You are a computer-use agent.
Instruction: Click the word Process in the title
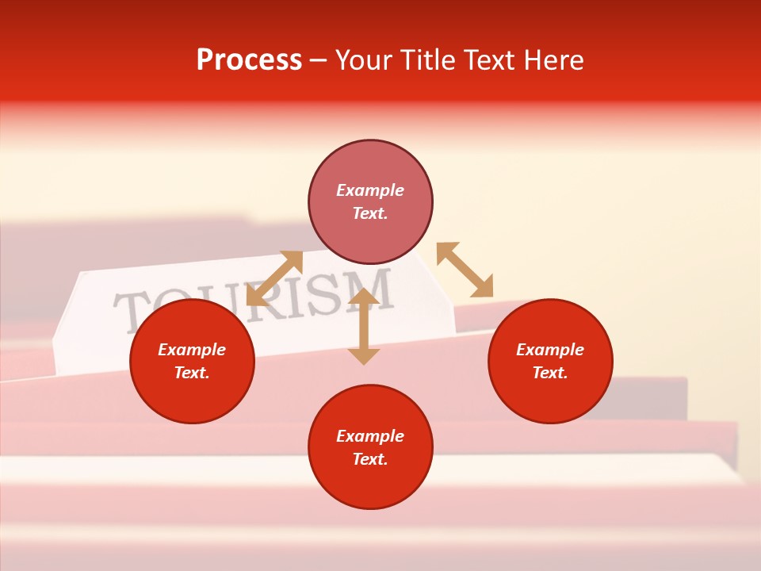249,60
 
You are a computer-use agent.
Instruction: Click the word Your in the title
365,60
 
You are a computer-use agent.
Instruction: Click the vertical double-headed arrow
364,327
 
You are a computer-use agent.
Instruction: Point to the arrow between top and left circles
274,278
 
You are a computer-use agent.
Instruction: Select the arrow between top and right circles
465,270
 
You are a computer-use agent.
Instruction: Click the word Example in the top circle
370,190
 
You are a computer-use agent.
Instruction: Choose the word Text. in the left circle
192,373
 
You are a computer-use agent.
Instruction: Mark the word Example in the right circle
550,350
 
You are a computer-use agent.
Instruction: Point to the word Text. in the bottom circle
370,459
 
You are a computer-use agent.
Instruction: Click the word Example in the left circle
192,350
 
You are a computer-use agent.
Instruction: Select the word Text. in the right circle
550,373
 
